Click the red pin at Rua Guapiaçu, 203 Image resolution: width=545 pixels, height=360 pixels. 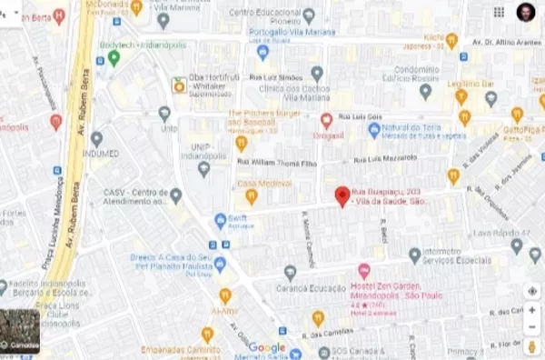pos(342,195)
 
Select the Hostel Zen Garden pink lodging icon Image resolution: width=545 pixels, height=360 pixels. pos(364,270)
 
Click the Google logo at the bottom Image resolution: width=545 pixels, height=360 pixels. pos(266,347)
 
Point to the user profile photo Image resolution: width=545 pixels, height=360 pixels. pos(526,12)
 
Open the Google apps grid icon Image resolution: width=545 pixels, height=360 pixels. pos(499,12)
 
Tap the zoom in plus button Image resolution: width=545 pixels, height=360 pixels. pos(532,310)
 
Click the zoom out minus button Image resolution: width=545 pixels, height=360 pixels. pos(532,326)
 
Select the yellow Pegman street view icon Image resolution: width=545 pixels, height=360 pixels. pos(532,346)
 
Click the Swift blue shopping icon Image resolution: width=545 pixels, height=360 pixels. pos(220,221)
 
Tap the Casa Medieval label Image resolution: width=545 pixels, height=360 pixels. pos(261,183)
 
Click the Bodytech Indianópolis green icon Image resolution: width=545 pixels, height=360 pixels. pos(114,57)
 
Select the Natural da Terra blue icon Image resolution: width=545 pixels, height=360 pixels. pos(373,131)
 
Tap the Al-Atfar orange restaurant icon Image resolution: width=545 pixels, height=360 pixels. pos(224,295)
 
